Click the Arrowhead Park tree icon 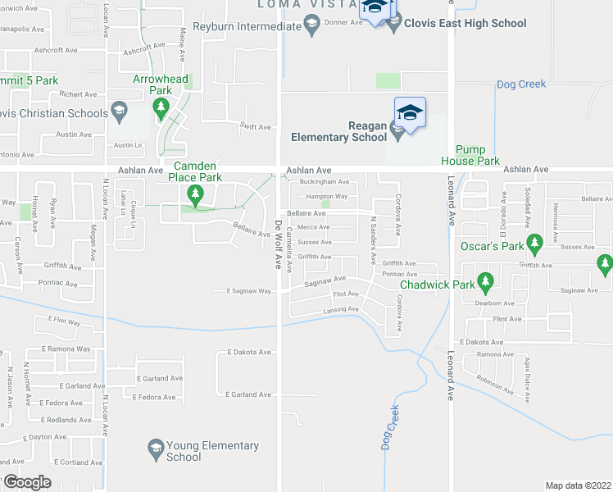click(161, 106)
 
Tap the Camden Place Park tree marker click(194, 195)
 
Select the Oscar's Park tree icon click(534, 242)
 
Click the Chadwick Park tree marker click(485, 284)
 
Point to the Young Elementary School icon click(155, 446)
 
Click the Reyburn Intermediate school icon click(311, 27)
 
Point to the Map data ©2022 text click(578, 485)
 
